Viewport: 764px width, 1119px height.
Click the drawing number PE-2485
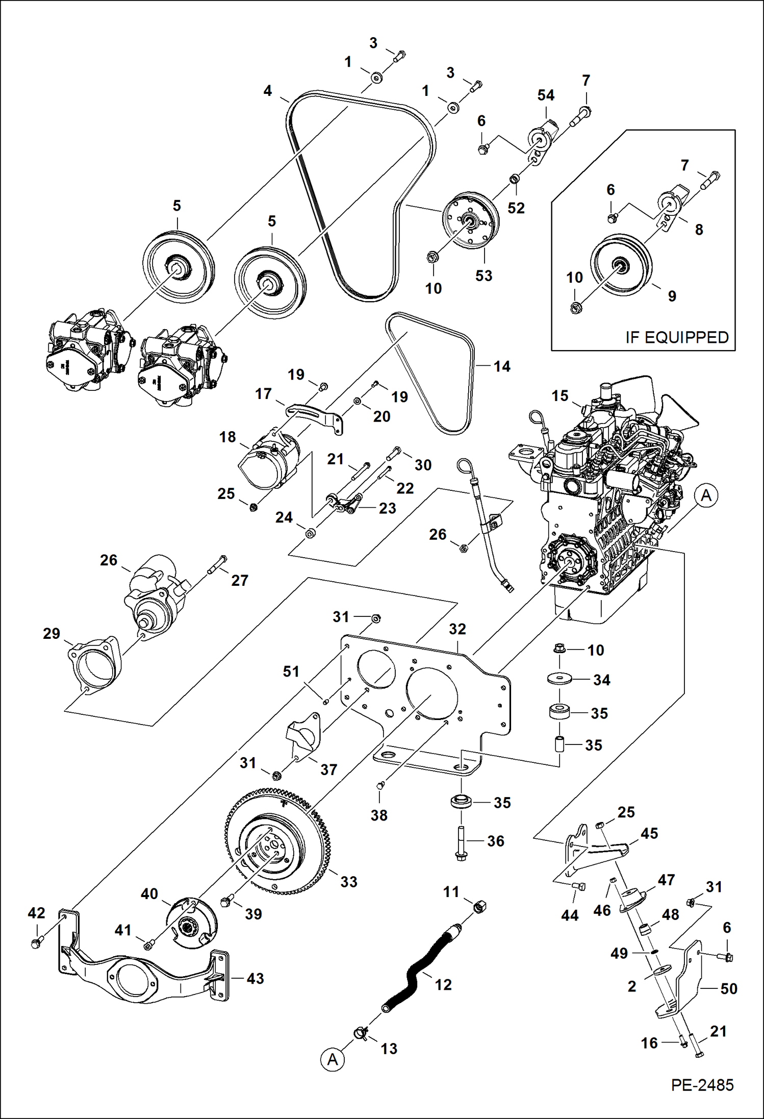[702, 1085]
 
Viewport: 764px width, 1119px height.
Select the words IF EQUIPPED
[677, 338]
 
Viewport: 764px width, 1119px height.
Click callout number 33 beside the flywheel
[349, 882]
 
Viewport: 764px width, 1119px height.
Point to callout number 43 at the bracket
[255, 978]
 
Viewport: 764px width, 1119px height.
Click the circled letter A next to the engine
[706, 495]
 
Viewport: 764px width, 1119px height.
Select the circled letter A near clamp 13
[333, 1060]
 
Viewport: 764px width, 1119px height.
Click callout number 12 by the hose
[443, 985]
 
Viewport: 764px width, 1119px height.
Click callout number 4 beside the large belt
[268, 91]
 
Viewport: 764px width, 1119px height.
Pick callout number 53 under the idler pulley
[483, 276]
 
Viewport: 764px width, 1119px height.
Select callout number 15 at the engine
[559, 395]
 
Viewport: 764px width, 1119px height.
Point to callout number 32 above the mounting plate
[457, 629]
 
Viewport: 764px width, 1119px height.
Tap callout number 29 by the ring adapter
[52, 633]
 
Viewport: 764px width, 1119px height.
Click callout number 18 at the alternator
[227, 437]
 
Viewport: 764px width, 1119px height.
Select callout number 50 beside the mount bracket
[729, 988]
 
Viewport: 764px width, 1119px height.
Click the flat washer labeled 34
[559, 679]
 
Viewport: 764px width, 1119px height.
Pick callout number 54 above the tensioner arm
[546, 95]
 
